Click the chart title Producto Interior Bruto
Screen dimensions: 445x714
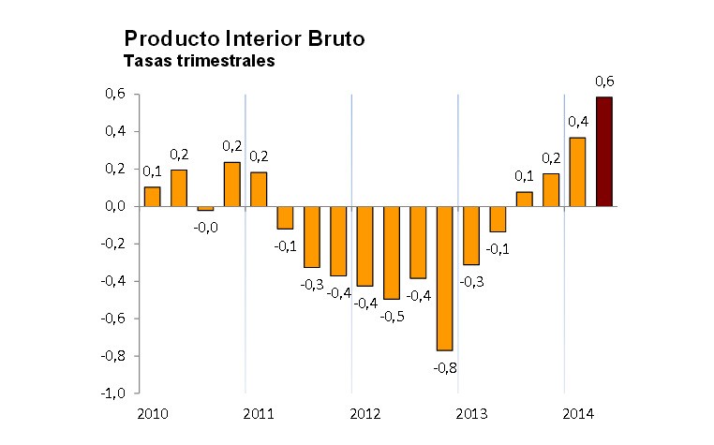tap(244, 39)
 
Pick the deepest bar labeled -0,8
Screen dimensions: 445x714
tap(444, 278)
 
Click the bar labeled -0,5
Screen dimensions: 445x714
tap(392, 253)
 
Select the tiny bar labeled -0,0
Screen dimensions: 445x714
tap(205, 209)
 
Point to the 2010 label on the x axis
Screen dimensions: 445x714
tap(151, 412)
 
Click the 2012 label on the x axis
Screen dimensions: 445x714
tap(364, 412)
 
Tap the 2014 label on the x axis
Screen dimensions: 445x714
tap(576, 412)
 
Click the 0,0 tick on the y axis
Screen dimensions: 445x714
tap(116, 206)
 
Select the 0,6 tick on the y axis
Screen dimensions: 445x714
tap(116, 95)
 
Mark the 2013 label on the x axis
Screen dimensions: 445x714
tap(470, 412)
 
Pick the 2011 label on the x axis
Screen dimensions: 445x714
tap(258, 412)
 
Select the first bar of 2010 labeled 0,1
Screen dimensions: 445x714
tap(152, 197)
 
